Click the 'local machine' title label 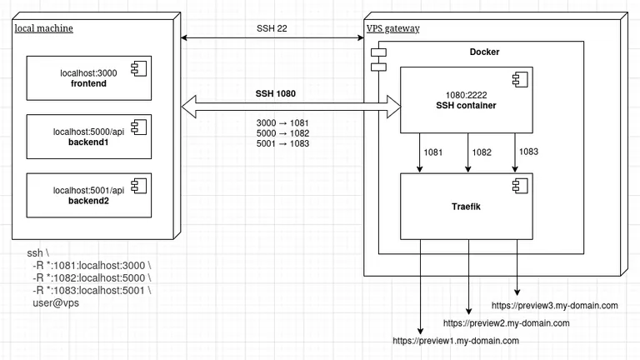click(44, 28)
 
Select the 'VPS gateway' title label click(393, 28)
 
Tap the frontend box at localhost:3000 click(88, 78)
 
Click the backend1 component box click(88, 137)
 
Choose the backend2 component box click(88, 195)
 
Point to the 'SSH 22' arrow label click(273, 28)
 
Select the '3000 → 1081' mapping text click(282, 122)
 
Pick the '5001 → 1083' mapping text click(282, 142)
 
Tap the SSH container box click(467, 100)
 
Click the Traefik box click(467, 206)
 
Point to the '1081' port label click(433, 152)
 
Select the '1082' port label click(481, 152)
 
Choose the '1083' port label click(529, 152)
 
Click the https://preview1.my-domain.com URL click(456, 341)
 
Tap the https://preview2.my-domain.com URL click(506, 322)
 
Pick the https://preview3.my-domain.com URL click(555, 306)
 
